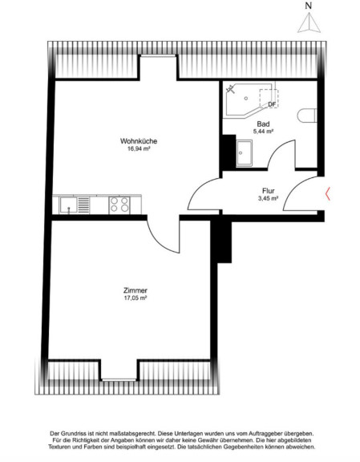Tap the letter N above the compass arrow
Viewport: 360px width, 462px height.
(309, 6)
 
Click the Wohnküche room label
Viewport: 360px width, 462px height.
(139, 141)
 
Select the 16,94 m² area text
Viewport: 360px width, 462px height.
(139, 149)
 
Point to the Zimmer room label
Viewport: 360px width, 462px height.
(136, 290)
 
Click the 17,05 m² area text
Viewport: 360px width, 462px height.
(136, 298)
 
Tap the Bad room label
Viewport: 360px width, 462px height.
(263, 124)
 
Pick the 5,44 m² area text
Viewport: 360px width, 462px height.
(263, 132)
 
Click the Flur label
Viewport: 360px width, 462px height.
(269, 191)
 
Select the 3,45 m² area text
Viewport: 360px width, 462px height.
(269, 199)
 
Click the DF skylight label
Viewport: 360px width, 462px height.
(272, 104)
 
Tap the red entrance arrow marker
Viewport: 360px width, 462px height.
(327, 193)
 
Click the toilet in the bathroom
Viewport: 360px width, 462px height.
(307, 115)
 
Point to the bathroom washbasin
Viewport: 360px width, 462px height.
(245, 153)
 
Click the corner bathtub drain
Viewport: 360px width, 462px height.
(246, 99)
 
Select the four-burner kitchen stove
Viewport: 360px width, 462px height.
(119, 205)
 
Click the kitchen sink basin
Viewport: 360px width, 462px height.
(68, 205)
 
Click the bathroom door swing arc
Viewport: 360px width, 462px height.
(278, 150)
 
